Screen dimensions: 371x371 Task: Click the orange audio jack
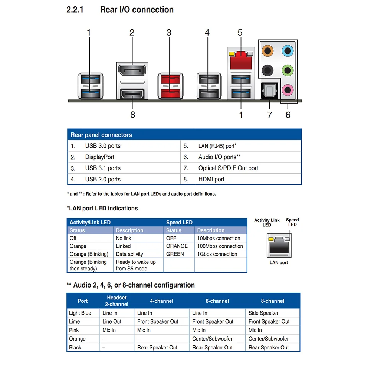pos(267,50)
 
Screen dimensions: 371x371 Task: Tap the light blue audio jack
pos(288,50)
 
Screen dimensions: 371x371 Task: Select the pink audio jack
pos(288,90)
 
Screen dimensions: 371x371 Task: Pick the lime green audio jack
pos(288,70)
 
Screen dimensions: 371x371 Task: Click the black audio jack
pos(267,70)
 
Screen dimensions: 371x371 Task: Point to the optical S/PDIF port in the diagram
pos(269,91)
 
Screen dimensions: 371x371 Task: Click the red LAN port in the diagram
pos(241,60)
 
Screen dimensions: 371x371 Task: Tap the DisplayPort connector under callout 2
pos(132,70)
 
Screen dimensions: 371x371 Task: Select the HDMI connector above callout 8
pos(132,94)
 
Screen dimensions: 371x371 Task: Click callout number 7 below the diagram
pos(269,115)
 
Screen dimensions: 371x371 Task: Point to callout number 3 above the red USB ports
pos(169,33)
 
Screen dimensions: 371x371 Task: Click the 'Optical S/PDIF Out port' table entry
pos(228,168)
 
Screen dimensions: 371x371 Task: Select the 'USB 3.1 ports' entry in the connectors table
pos(103,168)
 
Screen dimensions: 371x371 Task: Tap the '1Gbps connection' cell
pos(217,254)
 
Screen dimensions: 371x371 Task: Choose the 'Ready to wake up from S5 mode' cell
pos(136,265)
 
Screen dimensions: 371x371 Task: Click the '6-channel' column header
pos(217,301)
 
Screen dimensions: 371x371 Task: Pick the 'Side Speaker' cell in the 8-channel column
pos(263,313)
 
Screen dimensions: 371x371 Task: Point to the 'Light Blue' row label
pos(80,313)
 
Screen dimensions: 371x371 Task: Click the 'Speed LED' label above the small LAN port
pos(292,222)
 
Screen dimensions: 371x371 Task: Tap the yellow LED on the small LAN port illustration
pos(271,239)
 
